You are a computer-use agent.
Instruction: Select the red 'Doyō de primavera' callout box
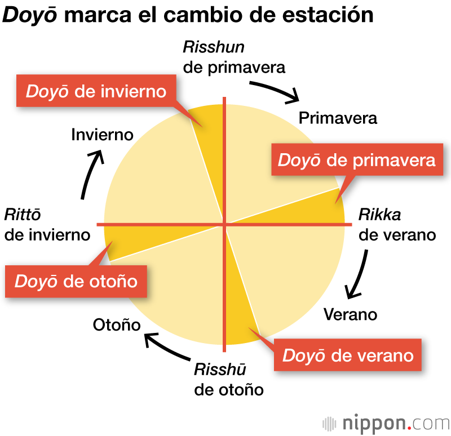pyautogui.click(x=357, y=160)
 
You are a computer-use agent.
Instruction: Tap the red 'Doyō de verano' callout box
pyautogui.click(x=348, y=355)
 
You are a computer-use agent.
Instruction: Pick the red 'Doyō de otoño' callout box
pyautogui.click(x=76, y=281)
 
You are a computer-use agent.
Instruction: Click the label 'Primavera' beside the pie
pyautogui.click(x=338, y=118)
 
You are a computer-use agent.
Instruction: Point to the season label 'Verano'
pyautogui.click(x=350, y=314)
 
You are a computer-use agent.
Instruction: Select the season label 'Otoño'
pyautogui.click(x=116, y=325)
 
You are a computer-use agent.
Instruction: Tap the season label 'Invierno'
pyautogui.click(x=102, y=135)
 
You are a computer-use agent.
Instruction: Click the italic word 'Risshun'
pyautogui.click(x=214, y=48)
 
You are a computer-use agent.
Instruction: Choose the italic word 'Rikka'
pyautogui.click(x=379, y=215)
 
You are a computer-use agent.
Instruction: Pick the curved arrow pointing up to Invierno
pyautogui.click(x=92, y=173)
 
